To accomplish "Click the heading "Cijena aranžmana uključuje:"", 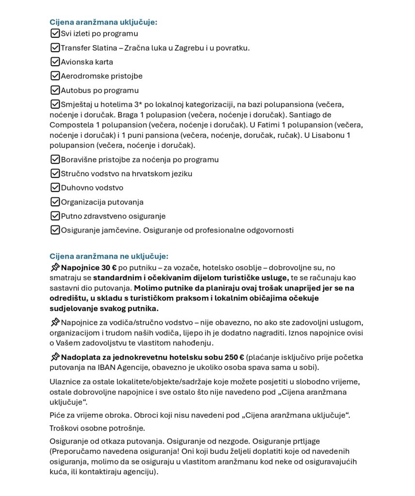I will pos(103,22).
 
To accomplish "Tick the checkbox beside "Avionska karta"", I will pos(55,62).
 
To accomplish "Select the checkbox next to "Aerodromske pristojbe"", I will pos(55,76).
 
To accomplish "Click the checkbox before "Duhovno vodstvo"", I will pos(55,187).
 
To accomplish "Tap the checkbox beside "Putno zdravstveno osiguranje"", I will pos(55,216).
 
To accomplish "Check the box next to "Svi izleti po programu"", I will pos(55,33).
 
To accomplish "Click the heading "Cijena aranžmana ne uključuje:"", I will pos(109,256).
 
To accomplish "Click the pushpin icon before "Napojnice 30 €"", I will pos(55,267).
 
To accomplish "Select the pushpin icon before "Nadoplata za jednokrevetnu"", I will pos(55,357).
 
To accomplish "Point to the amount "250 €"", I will pos(234,357).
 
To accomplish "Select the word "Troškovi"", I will pos(65,428).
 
